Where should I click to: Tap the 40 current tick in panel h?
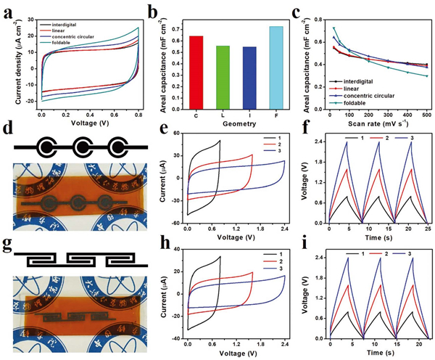(178, 248)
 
